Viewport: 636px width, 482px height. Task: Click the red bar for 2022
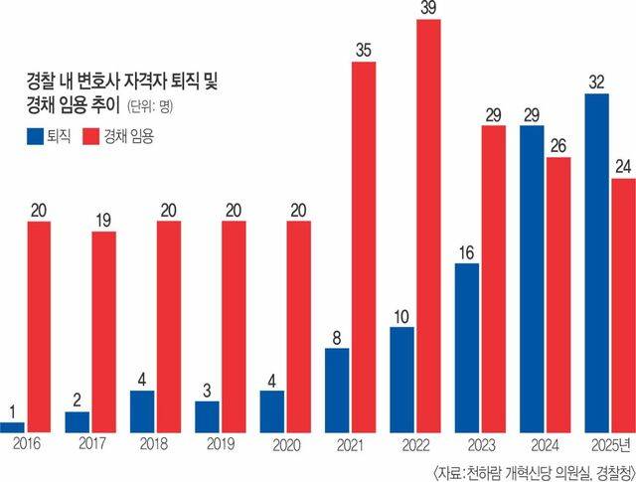(429, 226)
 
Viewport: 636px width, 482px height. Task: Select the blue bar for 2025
(596, 263)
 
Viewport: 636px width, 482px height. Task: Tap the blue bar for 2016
(12, 427)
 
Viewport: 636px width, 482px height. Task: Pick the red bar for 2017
(103, 332)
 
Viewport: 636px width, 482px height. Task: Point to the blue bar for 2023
(467, 348)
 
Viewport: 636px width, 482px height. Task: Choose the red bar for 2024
(558, 294)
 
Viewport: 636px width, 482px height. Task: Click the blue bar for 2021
(337, 391)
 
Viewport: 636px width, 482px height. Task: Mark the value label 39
(428, 8)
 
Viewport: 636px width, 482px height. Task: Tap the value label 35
(364, 51)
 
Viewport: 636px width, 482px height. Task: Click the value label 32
(596, 82)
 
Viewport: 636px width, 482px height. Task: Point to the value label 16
(466, 252)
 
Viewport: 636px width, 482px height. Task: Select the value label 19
(103, 221)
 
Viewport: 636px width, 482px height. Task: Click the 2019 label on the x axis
(221, 444)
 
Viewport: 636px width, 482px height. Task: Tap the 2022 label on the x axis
(415, 445)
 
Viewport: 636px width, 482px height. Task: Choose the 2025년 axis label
(611, 445)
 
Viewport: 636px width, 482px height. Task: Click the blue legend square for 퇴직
(35, 137)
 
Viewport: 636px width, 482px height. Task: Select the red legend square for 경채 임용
(90, 137)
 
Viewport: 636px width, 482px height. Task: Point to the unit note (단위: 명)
(150, 106)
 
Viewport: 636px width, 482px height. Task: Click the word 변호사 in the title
(97, 81)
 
